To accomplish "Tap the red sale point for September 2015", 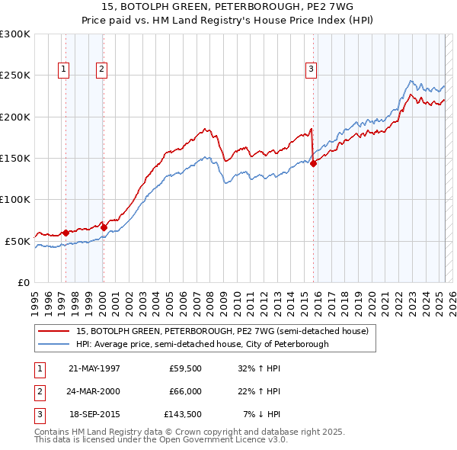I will [313, 162].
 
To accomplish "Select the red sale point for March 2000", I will [104, 227].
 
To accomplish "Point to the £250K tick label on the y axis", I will [15, 76].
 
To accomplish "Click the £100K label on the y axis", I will [15, 199].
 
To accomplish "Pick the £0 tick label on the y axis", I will [23, 282].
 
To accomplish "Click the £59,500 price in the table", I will [185, 368].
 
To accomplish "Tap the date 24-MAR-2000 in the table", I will [94, 391].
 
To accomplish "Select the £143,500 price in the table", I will [183, 415].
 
